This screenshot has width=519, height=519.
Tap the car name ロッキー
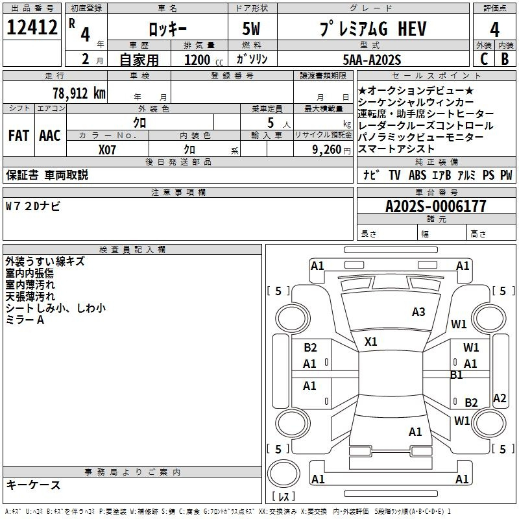[167, 29]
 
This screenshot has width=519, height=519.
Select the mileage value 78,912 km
[78, 93]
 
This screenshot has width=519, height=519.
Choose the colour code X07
[108, 149]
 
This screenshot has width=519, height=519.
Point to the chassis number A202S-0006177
[435, 206]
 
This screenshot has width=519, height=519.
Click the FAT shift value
[18, 136]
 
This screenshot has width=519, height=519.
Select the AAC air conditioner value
[50, 136]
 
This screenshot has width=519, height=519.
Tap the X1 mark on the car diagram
[371, 341]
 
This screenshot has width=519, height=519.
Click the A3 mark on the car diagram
[418, 312]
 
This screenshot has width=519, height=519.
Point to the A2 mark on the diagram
[500, 398]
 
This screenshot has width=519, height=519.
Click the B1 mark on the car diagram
[457, 375]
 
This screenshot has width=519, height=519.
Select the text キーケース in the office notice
[33, 485]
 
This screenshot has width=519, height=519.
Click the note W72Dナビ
[33, 206]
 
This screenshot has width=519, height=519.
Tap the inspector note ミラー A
[25, 320]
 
